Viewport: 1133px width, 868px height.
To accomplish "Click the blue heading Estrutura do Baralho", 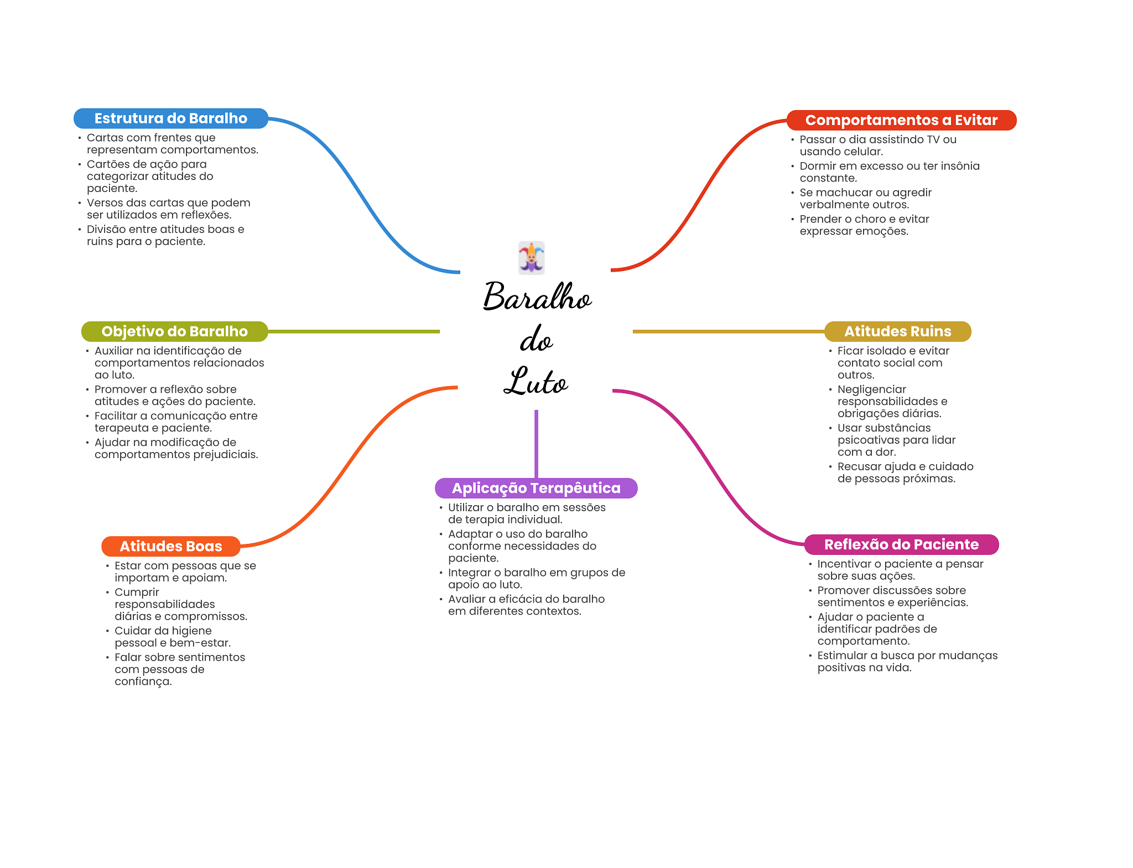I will point(170,118).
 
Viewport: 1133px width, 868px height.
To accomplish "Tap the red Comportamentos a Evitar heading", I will point(901,120).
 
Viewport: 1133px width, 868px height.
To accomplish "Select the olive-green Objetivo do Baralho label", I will point(174,331).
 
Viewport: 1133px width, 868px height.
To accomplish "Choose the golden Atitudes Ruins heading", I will point(897,331).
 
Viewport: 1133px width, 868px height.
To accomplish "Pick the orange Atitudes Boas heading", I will point(170,546).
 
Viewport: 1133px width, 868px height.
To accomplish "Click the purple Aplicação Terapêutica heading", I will point(536,488).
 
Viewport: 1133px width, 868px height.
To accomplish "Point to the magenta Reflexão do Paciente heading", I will point(901,544).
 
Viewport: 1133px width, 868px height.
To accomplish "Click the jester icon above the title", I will point(532,258).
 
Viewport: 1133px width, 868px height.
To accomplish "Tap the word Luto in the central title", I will point(536,382).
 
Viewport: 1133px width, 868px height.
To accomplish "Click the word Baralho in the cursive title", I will point(537,297).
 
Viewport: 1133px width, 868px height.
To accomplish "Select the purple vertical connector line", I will point(536,443).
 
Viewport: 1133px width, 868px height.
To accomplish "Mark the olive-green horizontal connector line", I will point(354,331).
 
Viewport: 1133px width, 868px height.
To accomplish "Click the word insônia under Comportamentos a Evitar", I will point(959,166).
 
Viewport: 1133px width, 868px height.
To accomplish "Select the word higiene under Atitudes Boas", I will point(191,631).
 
